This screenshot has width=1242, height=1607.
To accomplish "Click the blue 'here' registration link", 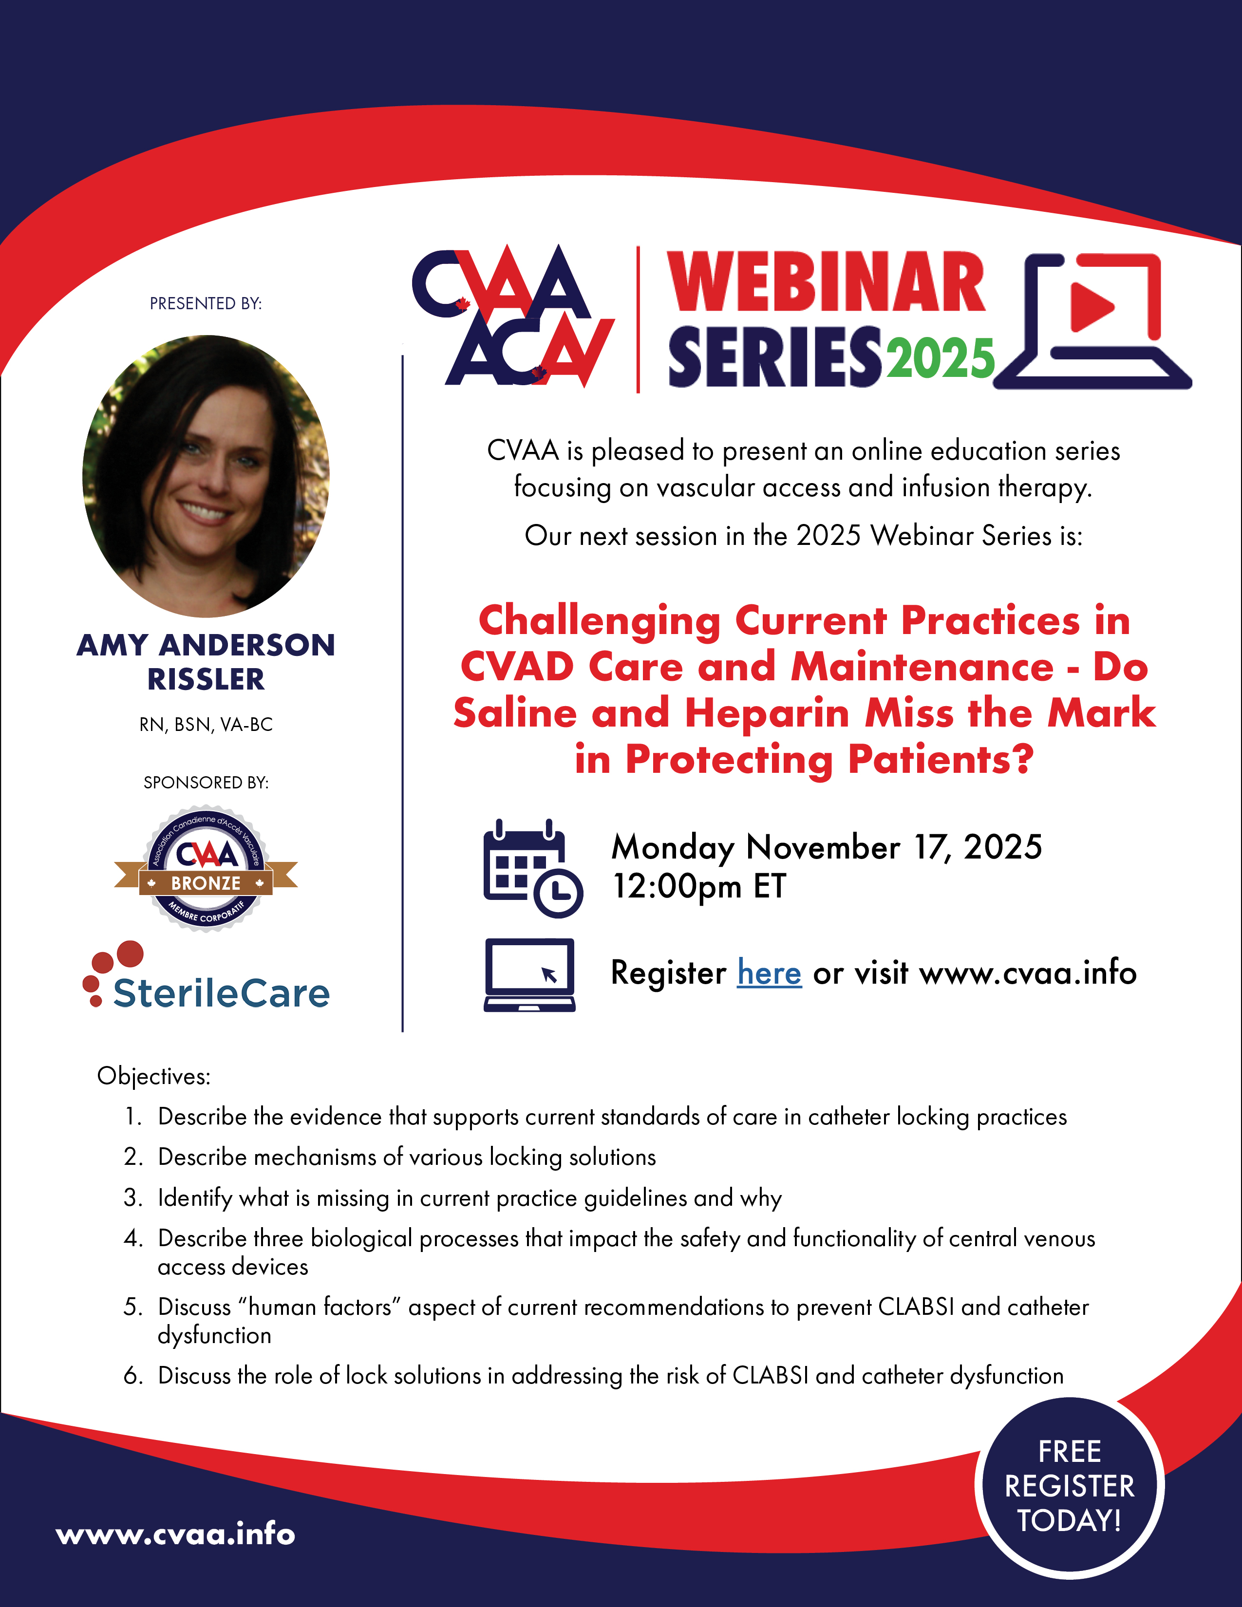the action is coord(769,973).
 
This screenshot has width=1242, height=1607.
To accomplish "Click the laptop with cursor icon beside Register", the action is coord(529,975).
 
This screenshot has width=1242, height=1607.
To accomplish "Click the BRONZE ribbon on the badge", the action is coord(206,882).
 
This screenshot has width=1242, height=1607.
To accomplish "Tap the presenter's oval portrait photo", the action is coord(206,476).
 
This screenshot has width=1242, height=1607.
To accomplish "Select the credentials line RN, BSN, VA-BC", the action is coord(206,725).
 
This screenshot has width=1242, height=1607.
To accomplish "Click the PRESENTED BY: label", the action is coord(206,303).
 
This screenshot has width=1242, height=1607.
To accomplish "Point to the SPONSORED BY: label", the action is coord(206,782).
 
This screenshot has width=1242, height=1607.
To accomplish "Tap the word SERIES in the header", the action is coord(775,357).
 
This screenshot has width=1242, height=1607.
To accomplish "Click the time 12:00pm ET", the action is coord(699,887).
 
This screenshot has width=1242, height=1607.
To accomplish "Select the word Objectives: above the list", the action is coord(154,1077).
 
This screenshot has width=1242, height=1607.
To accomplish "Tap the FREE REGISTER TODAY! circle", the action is coord(1069,1487).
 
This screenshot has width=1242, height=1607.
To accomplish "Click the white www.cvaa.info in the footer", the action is coord(176,1535).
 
